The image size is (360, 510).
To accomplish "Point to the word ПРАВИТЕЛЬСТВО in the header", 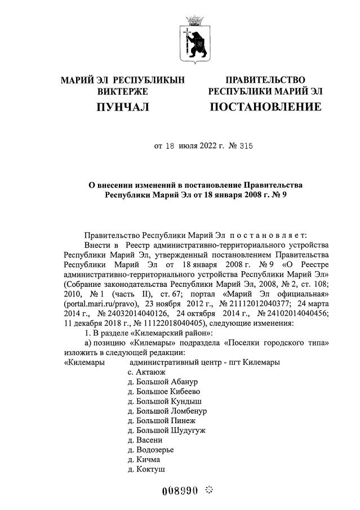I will coord(265,80).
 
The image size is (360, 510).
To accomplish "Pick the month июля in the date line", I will coord(189,146).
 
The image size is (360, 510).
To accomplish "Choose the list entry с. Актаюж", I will coord(145,372).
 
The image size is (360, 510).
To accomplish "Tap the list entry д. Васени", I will coord(145,440).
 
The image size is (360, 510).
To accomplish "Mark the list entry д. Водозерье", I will coord(150,449).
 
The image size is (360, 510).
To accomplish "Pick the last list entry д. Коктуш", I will coord(146,468).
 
